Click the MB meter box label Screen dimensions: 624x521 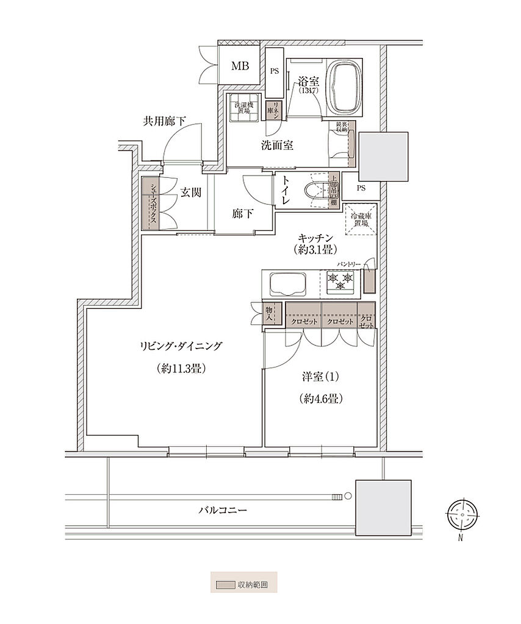coord(240,66)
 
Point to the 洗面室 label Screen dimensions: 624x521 coord(278,146)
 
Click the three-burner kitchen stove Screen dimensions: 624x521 coord(341,282)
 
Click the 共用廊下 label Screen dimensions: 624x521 coord(164,121)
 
